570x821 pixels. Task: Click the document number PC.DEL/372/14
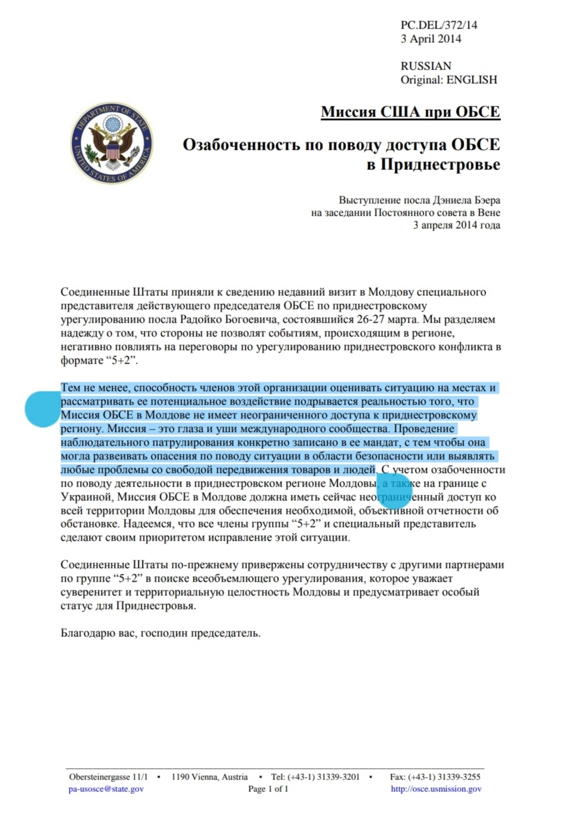(x=439, y=25)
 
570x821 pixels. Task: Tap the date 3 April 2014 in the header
(x=430, y=39)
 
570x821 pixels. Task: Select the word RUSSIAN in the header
(x=426, y=66)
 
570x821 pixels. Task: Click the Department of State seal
(x=112, y=143)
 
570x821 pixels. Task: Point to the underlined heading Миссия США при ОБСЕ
(x=410, y=112)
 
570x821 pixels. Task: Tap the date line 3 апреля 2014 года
(x=457, y=225)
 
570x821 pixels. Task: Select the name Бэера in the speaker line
(x=485, y=200)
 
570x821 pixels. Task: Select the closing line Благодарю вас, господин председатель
(x=160, y=633)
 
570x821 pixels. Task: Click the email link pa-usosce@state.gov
(x=106, y=789)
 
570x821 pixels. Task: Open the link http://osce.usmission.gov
(x=436, y=789)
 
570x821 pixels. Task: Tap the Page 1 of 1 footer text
(x=268, y=789)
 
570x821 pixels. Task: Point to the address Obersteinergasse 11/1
(x=108, y=776)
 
